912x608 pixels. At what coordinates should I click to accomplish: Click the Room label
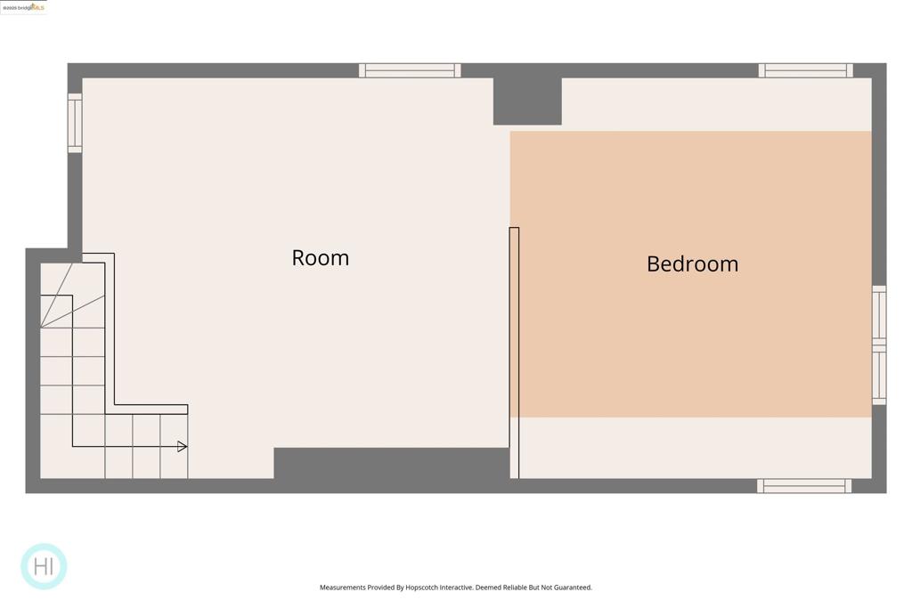[x=321, y=258]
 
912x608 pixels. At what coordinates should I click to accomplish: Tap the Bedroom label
[x=692, y=264]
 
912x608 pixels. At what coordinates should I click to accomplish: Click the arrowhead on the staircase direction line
[x=183, y=447]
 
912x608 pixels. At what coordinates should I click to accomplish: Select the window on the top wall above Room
[x=410, y=70]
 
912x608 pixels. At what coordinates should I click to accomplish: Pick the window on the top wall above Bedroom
[x=805, y=70]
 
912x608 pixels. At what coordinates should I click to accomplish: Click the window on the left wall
[x=75, y=123]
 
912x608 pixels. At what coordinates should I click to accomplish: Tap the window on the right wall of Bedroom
[x=879, y=345]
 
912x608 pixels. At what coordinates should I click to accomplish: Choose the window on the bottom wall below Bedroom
[x=804, y=486]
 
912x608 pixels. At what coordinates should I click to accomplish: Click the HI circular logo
[x=44, y=566]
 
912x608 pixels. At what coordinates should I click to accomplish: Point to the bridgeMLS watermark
[x=23, y=7]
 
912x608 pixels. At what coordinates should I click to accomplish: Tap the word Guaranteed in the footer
[x=570, y=588]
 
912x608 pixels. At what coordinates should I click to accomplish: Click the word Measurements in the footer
[x=343, y=588]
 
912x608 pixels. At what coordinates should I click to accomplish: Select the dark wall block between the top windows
[x=527, y=100]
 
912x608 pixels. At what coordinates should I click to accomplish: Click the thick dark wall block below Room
[x=392, y=463]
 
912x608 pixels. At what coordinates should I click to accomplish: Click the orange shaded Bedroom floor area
[x=691, y=338]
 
